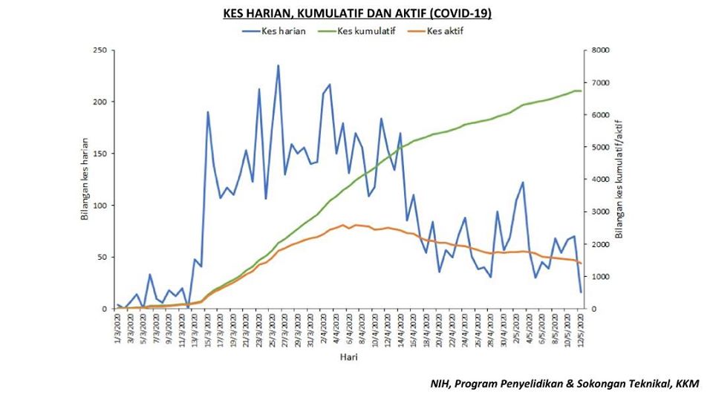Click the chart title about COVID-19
coord(356,13)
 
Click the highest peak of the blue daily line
coord(279,65)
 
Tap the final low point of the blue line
coord(581,292)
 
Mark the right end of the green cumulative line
coord(581,91)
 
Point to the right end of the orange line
coord(581,263)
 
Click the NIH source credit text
coord(565,384)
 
